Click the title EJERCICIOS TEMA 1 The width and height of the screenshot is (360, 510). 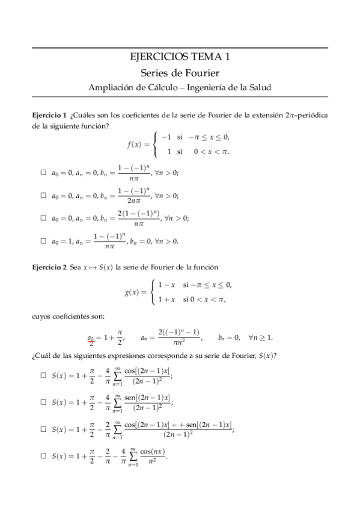[x=180, y=57]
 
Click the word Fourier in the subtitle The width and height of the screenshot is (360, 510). [x=201, y=73]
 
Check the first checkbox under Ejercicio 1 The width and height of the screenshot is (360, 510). [x=43, y=173]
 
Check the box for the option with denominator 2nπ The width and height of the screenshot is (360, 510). [x=43, y=195]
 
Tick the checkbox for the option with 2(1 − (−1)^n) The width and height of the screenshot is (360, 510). [x=43, y=218]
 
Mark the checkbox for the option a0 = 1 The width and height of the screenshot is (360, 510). [x=43, y=241]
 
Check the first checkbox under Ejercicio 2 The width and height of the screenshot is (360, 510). [x=43, y=375]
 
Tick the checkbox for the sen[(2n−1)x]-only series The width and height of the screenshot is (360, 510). [x=43, y=402]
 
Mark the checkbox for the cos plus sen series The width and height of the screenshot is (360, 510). [x=43, y=429]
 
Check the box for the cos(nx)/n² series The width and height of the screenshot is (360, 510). [x=43, y=456]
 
